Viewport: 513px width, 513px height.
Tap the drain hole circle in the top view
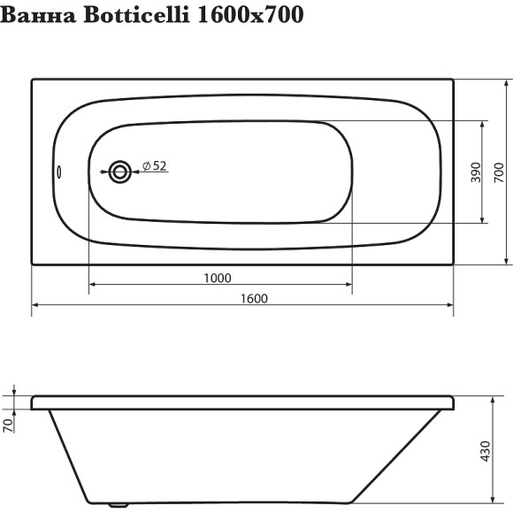coord(119,171)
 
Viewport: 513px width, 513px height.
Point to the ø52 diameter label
coord(155,165)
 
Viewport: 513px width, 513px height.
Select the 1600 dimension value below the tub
coord(253,299)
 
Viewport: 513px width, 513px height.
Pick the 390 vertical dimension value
coord(475,172)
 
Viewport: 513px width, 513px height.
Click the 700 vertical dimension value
coord(500,172)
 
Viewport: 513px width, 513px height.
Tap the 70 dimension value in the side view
coord(9,424)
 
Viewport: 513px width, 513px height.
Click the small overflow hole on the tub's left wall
coord(60,172)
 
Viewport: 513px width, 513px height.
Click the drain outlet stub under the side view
coord(116,507)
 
